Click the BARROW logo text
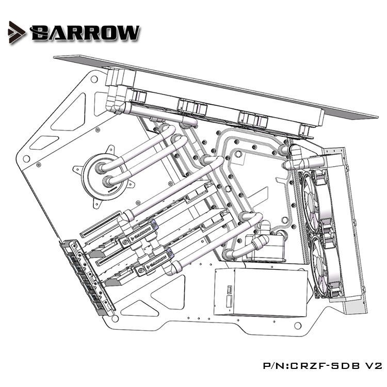coord(85,33)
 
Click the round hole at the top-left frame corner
coord(94,80)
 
